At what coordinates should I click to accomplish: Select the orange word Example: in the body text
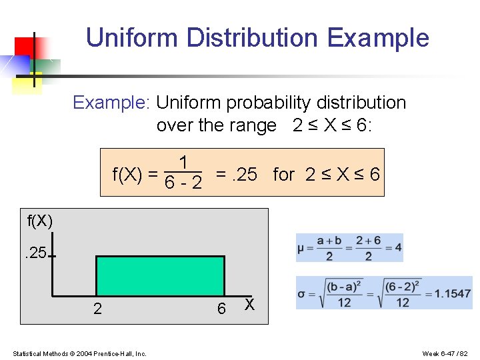[x=112, y=103]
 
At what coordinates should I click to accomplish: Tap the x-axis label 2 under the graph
[x=97, y=309]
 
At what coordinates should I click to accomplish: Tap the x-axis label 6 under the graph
[x=221, y=309]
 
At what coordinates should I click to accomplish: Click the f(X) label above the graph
[x=40, y=220]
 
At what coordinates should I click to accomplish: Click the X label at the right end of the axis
[x=249, y=304]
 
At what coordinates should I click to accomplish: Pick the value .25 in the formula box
[x=244, y=175]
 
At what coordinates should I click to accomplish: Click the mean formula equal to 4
[x=349, y=247]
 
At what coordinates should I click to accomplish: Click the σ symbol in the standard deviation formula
[x=301, y=294]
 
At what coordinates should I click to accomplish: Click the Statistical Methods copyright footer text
[x=79, y=353]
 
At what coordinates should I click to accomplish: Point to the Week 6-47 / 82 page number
[x=446, y=353]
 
